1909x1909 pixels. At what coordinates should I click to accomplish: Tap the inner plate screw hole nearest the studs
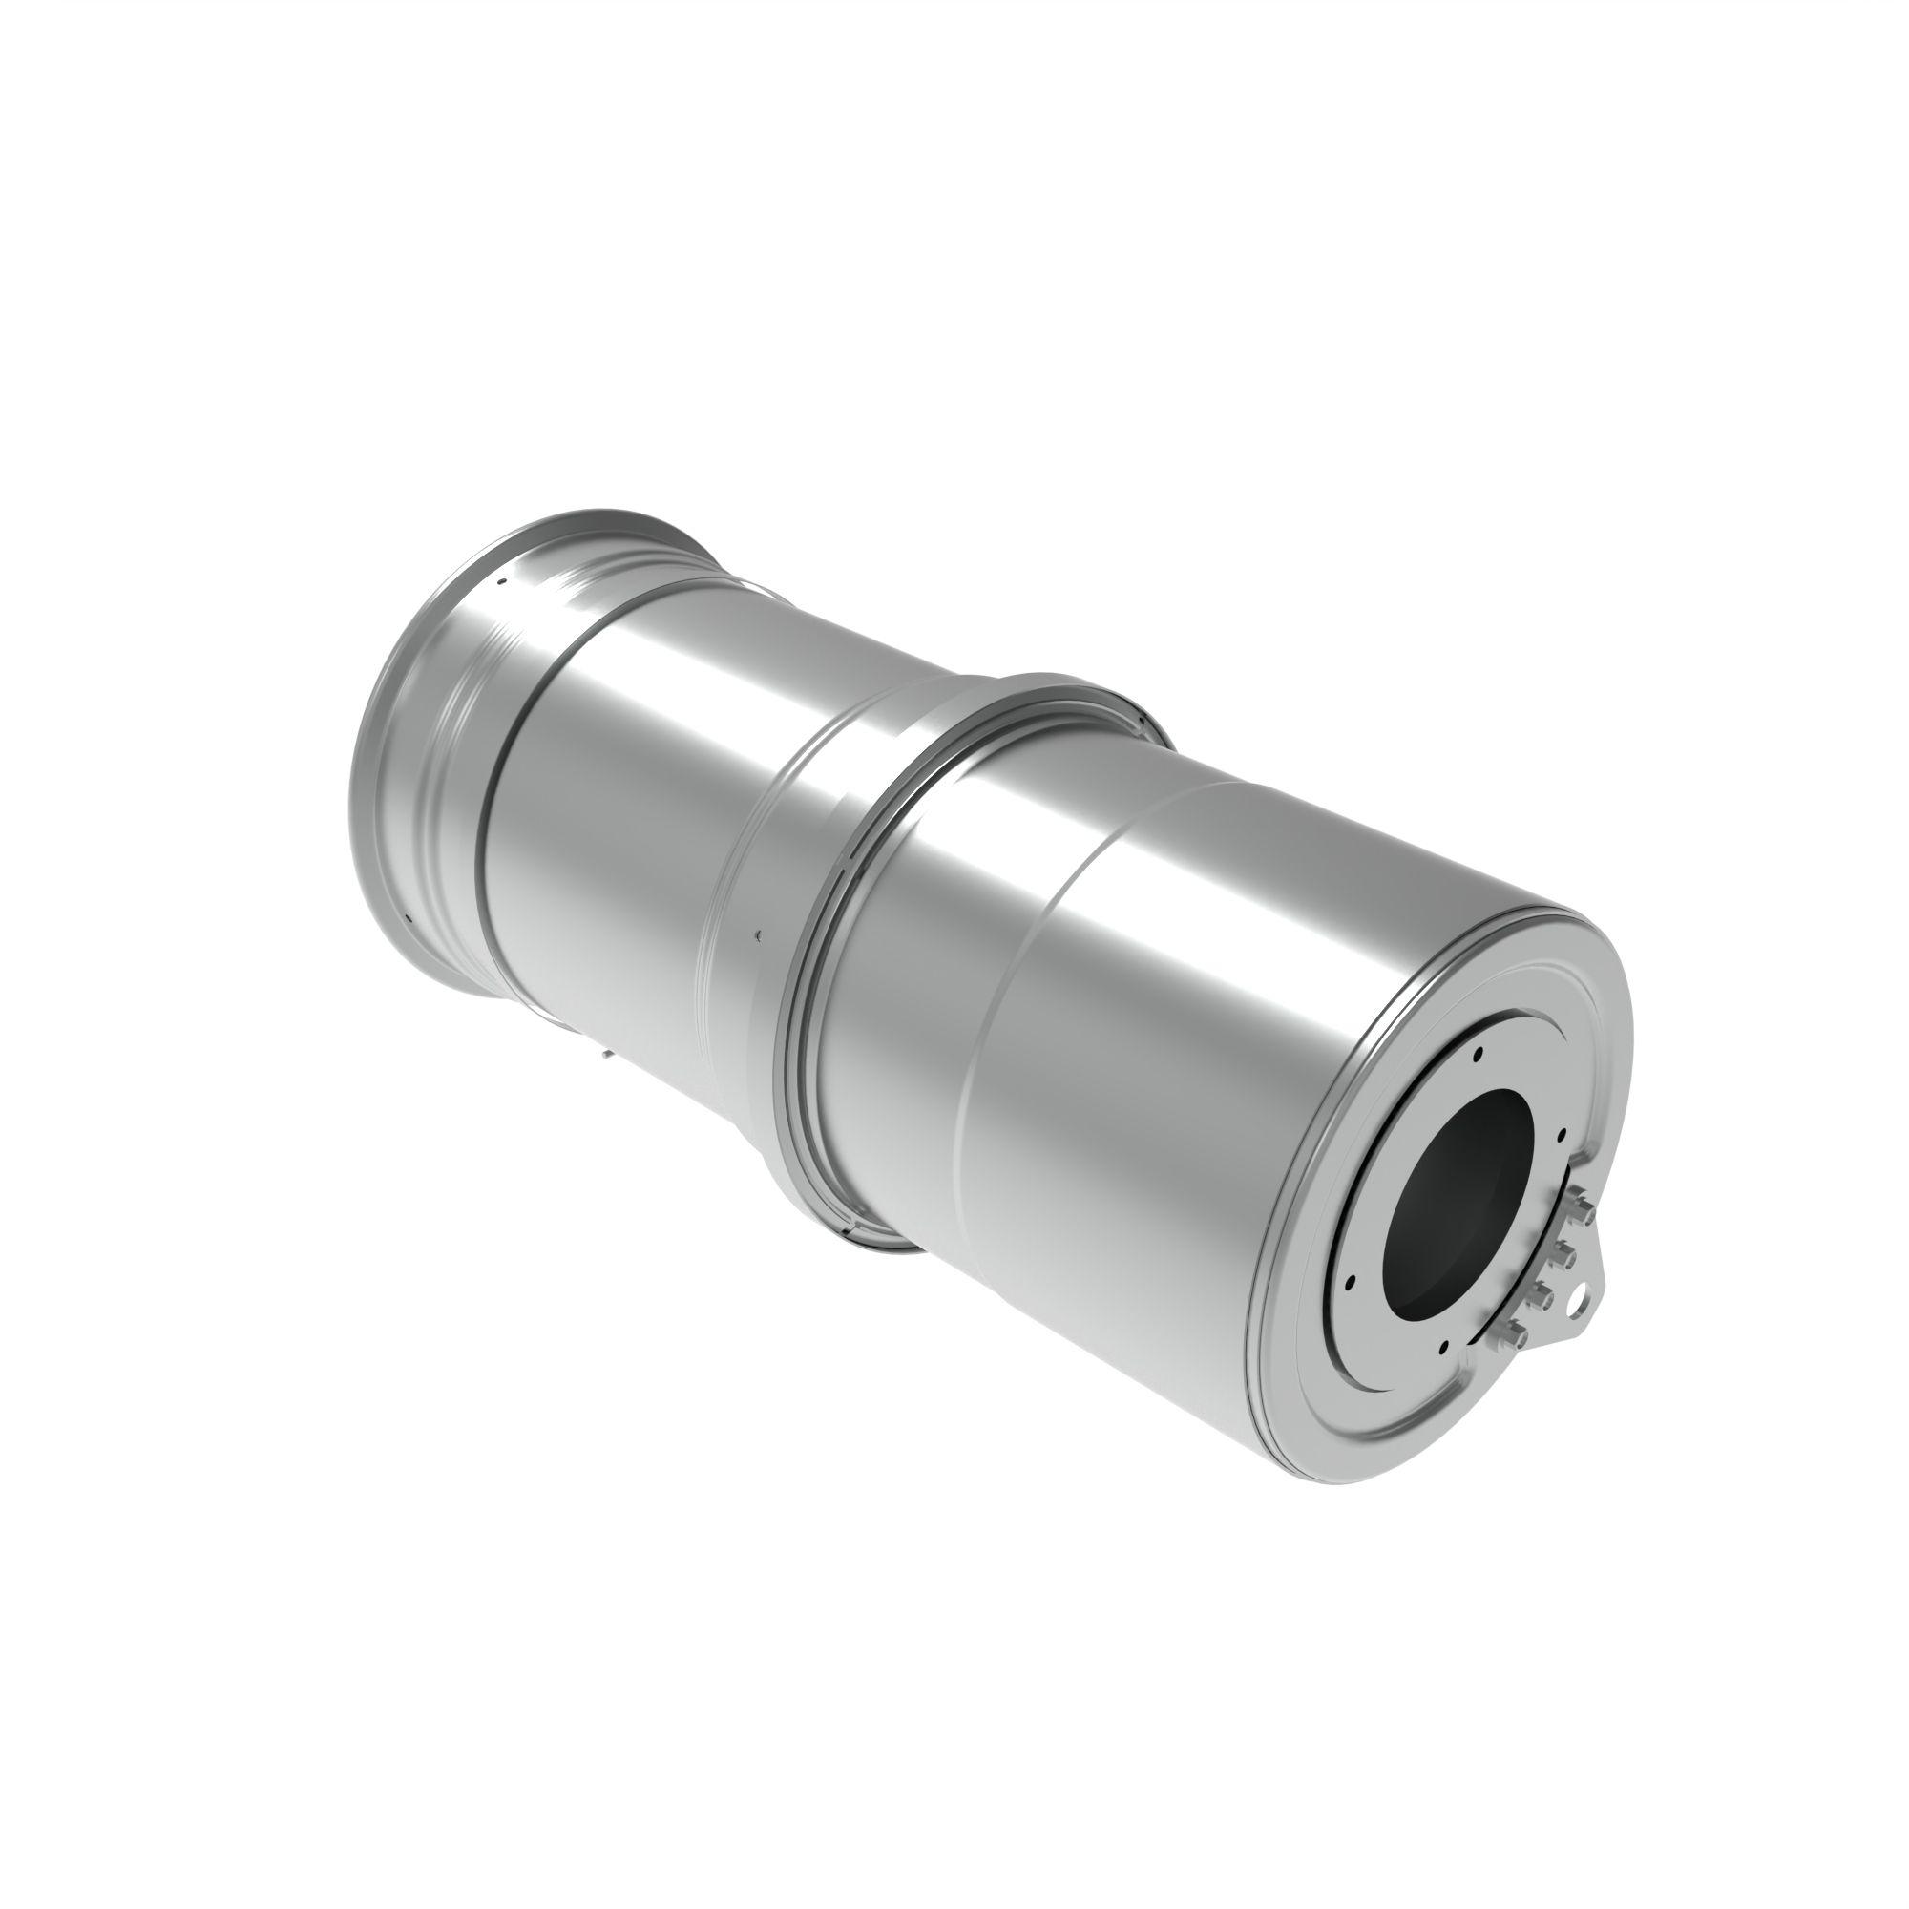click(x=1561, y=1134)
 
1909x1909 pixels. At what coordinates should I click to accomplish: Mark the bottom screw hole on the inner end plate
click(x=1444, y=1347)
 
